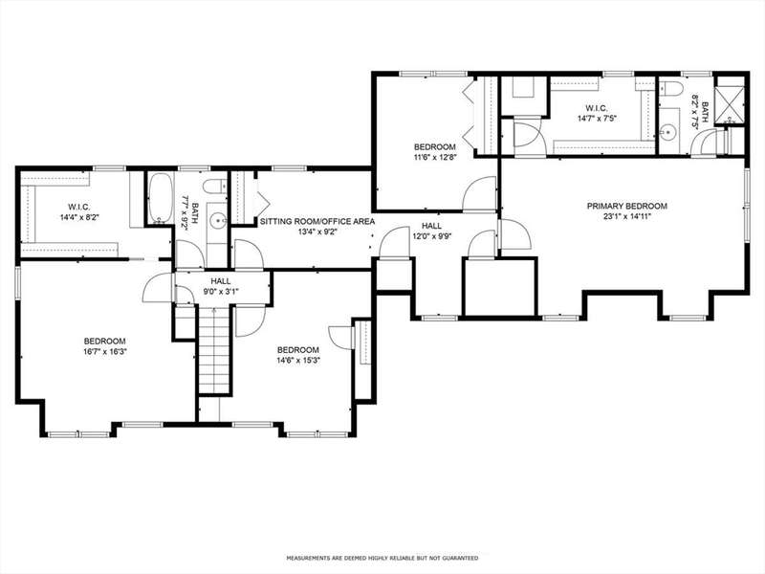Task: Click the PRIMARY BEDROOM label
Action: point(627,206)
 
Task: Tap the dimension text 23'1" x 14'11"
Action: point(627,216)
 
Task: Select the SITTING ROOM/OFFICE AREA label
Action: point(317,221)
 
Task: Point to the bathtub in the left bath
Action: point(160,198)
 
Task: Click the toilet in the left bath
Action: point(214,187)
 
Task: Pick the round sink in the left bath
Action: point(217,222)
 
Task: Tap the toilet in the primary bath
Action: point(672,89)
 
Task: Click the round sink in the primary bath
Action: point(666,131)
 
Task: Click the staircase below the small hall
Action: point(213,349)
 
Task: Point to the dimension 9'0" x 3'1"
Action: point(221,292)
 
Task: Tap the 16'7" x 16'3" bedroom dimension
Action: point(105,351)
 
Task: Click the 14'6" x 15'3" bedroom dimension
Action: point(298,361)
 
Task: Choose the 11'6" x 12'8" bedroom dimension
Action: point(435,157)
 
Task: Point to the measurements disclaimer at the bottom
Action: point(382,558)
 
